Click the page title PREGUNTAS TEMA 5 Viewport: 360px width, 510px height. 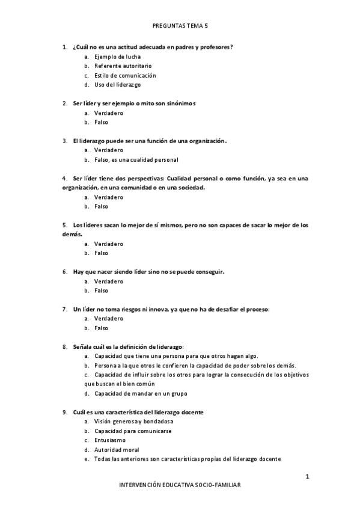[x=180, y=26]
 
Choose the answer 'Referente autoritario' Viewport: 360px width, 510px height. [x=123, y=66]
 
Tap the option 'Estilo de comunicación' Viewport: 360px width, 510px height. [x=124, y=75]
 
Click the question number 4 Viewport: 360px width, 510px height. [x=64, y=178]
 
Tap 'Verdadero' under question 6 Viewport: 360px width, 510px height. [x=108, y=281]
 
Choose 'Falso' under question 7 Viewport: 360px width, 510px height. [x=101, y=328]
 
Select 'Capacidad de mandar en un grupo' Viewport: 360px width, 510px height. [x=141, y=393]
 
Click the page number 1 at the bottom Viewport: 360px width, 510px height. [x=307, y=477]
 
